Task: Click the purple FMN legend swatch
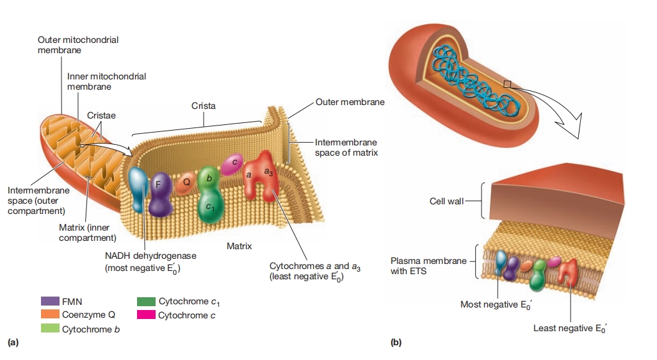click(49, 300)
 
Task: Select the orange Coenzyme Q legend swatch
click(49, 315)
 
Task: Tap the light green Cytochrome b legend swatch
click(49, 329)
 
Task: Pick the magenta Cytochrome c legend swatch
click(146, 315)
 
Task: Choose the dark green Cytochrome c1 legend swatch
click(146, 300)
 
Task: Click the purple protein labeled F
click(158, 192)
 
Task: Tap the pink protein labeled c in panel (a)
click(234, 164)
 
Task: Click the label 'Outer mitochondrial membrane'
click(77, 44)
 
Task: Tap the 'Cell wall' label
click(446, 201)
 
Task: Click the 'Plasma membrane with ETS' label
click(428, 265)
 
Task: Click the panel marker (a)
click(13, 343)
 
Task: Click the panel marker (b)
click(396, 343)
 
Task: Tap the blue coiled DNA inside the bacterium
click(474, 71)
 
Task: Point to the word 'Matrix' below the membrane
click(239, 246)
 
